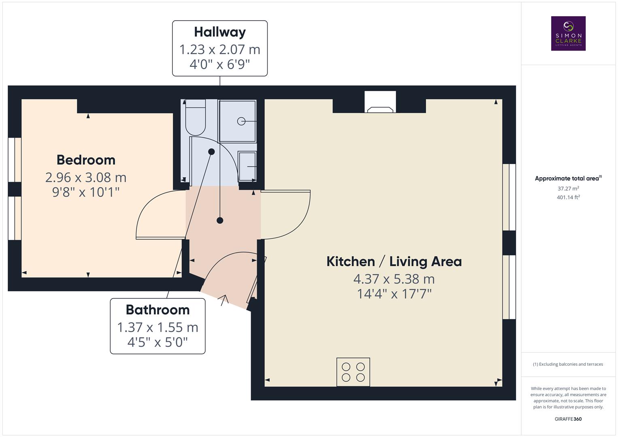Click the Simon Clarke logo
pyautogui.click(x=568, y=34)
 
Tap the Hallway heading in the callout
pyautogui.click(x=220, y=32)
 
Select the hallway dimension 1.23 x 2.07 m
pyautogui.click(x=220, y=49)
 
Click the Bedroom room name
pyautogui.click(x=86, y=160)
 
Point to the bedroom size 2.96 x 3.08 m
pyautogui.click(x=86, y=177)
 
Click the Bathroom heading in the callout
pyautogui.click(x=157, y=310)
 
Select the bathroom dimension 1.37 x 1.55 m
pyautogui.click(x=157, y=327)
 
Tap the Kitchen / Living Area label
pyautogui.click(x=394, y=261)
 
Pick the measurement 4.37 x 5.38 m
pyautogui.click(x=394, y=279)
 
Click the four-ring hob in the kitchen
pyautogui.click(x=353, y=372)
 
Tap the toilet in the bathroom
pyautogui.click(x=195, y=118)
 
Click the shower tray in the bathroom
pyautogui.click(x=238, y=121)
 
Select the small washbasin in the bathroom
pyautogui.click(x=247, y=166)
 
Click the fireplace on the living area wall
pyautogui.click(x=380, y=103)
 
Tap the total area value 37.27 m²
pyautogui.click(x=568, y=189)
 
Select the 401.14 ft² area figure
pyautogui.click(x=568, y=197)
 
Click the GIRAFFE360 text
pyautogui.click(x=568, y=419)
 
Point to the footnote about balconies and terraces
pyautogui.click(x=568, y=364)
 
